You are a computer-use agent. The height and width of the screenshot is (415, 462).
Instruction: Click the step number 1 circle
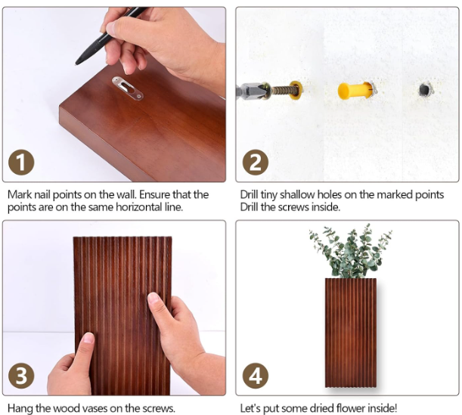coord(21,163)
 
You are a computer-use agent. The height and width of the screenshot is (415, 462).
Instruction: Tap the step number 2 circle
coord(255,163)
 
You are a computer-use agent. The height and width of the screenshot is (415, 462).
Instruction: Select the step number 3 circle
coord(21,376)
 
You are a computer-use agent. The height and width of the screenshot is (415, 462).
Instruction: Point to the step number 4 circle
coord(255,376)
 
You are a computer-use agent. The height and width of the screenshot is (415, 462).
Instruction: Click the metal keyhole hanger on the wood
coord(128,88)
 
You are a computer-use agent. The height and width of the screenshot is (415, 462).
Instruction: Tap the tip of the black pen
coord(77,63)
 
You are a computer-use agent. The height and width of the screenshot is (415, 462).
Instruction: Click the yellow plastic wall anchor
coord(355,91)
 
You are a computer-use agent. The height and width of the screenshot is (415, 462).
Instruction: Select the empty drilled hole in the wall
coord(425,88)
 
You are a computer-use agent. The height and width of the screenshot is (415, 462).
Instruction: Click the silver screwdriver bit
coord(251,91)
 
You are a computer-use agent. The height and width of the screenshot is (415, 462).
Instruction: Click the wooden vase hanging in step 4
coord(351,333)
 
